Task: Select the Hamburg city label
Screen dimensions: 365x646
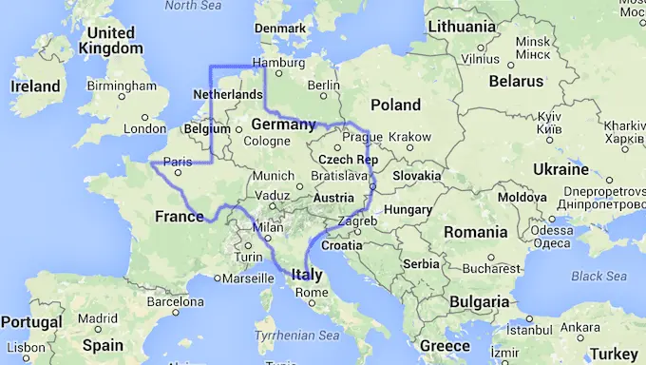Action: point(278,64)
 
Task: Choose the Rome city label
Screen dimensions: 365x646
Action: point(311,292)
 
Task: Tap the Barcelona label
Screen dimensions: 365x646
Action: point(176,301)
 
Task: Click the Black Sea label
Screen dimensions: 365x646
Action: point(598,276)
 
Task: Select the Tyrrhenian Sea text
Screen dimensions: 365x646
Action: point(297,336)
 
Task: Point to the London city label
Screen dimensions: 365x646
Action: point(145,129)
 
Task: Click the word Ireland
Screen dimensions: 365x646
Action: point(35,86)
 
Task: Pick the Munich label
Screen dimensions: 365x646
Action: point(274,176)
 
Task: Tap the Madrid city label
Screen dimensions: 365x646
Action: point(98,318)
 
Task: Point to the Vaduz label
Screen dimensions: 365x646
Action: point(273,195)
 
